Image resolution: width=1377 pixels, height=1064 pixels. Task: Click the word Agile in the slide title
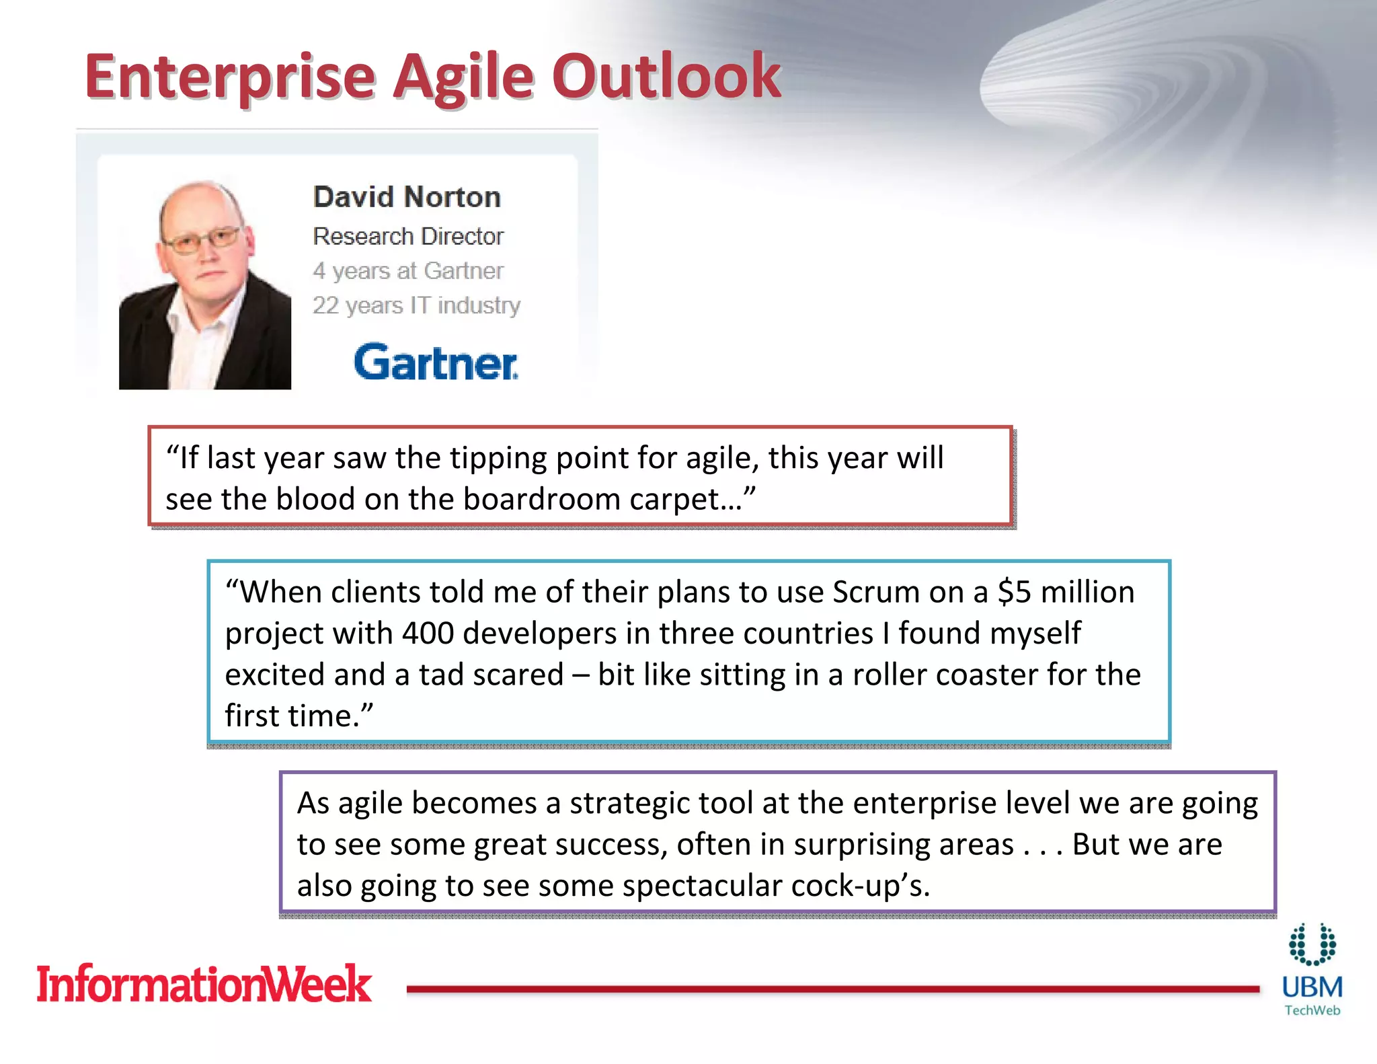[463, 77]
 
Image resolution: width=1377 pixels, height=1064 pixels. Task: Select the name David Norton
[407, 197]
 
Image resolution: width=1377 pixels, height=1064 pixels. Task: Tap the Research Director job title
[408, 236]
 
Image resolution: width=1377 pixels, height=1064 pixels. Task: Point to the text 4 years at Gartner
[408, 270]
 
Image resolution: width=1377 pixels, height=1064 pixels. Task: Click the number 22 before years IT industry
[325, 305]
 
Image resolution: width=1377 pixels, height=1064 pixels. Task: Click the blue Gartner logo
[436, 363]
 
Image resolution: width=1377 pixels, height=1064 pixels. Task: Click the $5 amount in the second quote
[1014, 593]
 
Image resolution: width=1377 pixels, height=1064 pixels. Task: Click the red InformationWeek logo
[204, 984]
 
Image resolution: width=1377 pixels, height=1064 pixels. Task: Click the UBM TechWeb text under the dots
[1312, 995]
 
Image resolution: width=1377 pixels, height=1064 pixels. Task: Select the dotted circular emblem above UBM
[1312, 944]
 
